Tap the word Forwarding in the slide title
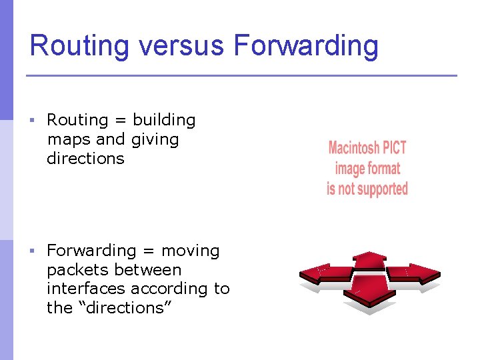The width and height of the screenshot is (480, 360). pyautogui.click(x=305, y=46)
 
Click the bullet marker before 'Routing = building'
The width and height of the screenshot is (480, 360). pyautogui.click(x=31, y=121)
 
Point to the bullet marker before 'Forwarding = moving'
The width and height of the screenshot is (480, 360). pyautogui.click(x=31, y=251)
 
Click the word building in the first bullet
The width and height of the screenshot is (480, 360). pyautogui.click(x=164, y=121)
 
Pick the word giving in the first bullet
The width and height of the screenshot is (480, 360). pyautogui.click(x=155, y=140)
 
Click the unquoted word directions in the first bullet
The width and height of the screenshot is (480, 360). pyautogui.click(x=85, y=159)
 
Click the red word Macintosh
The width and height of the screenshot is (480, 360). pyautogui.click(x=353, y=147)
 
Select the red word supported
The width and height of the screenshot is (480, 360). pyautogui.click(x=381, y=189)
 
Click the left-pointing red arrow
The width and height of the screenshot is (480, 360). pyautogui.click(x=323, y=273)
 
